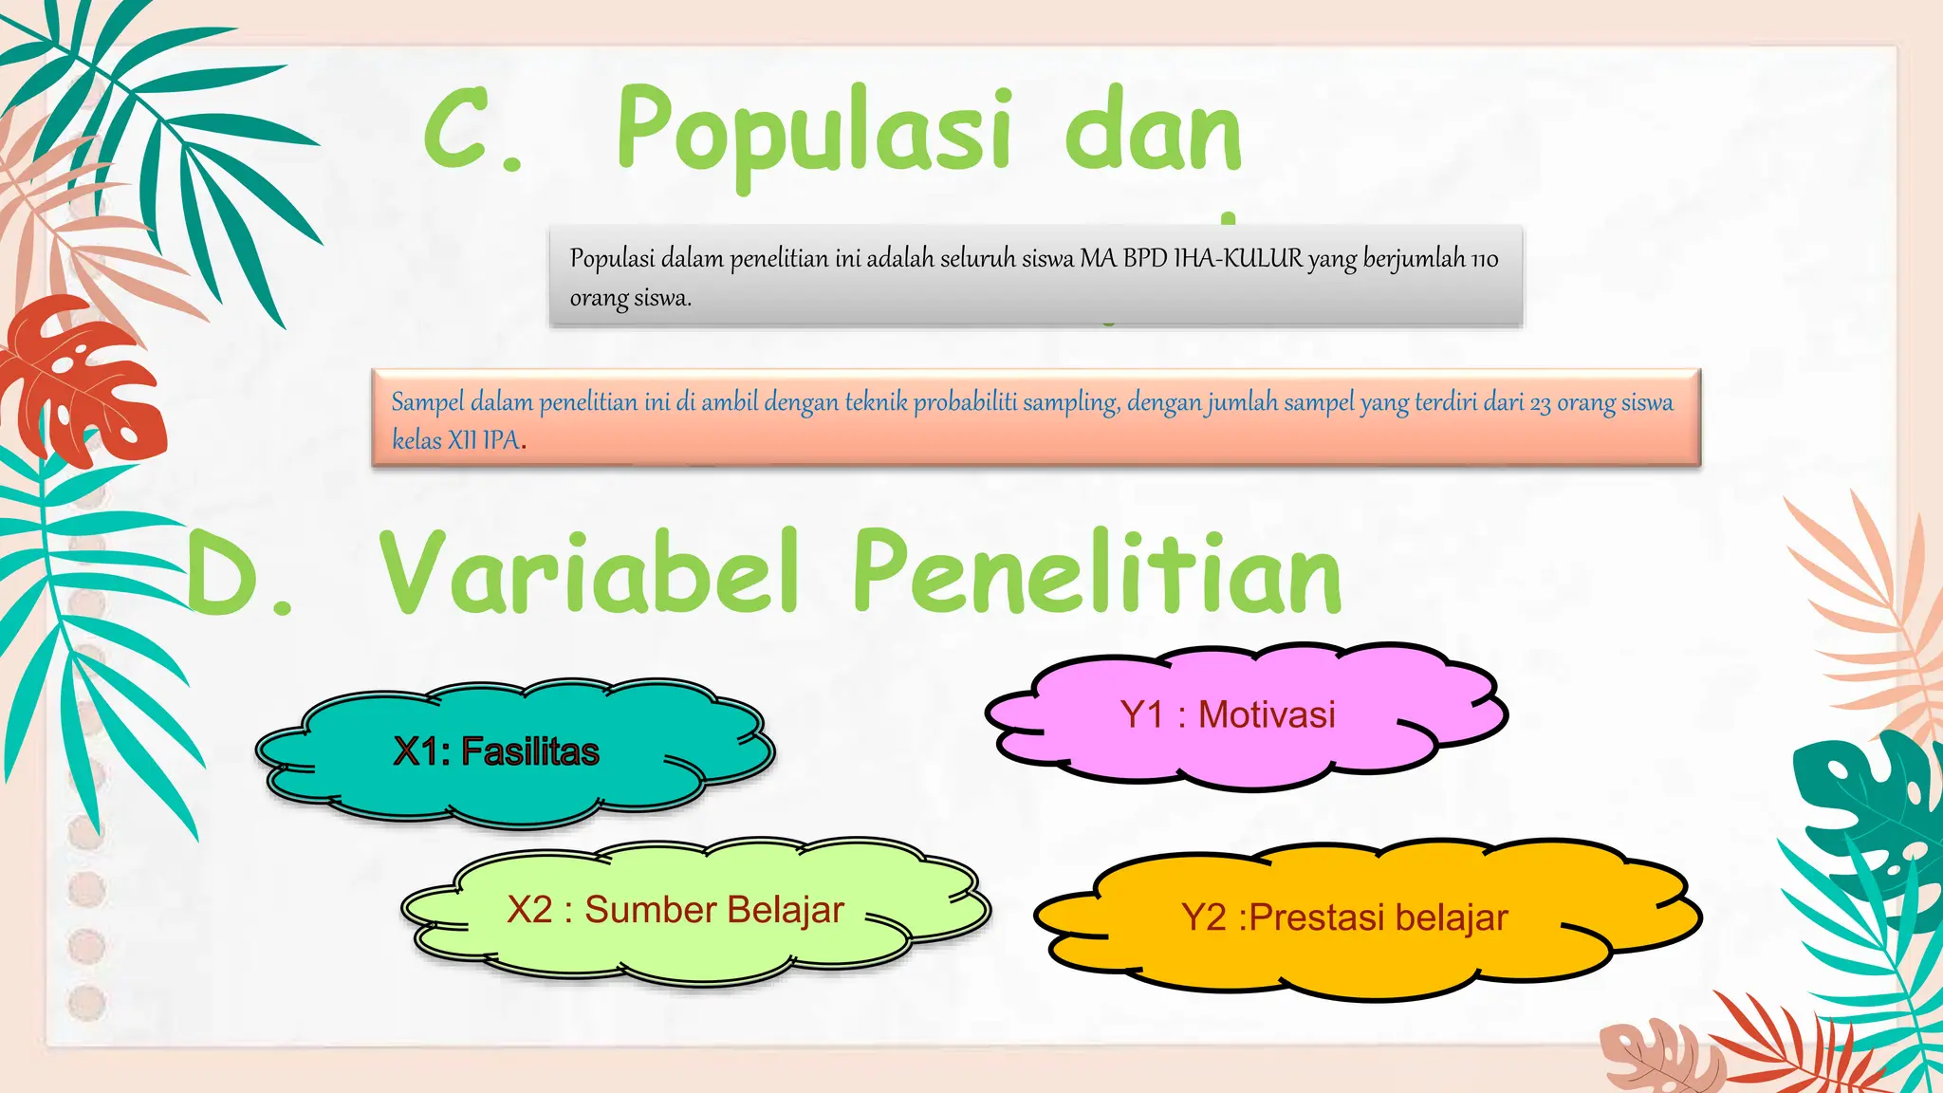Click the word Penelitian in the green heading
(1097, 575)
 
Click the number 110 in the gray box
(1484, 259)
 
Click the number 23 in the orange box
(1540, 403)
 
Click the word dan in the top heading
(1152, 133)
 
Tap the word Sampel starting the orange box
(428, 402)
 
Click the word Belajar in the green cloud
(785, 910)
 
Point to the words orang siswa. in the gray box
(630, 298)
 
